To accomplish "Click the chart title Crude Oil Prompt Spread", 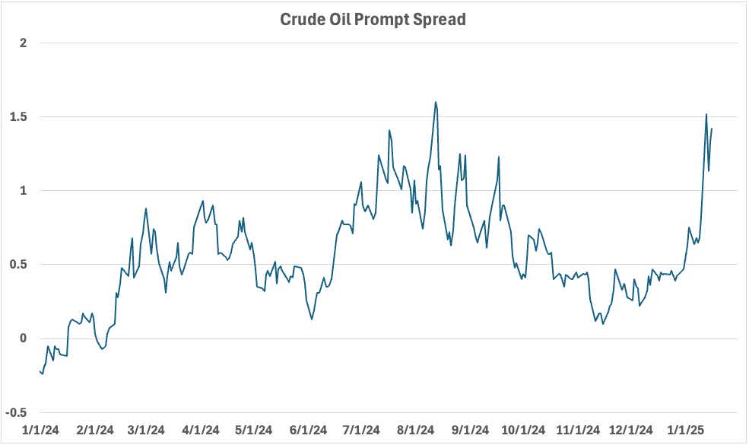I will [373, 20].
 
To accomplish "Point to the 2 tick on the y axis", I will [24, 43].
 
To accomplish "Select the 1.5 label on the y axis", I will [20, 117].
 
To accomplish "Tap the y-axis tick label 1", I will [24, 191].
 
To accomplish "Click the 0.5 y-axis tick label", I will [20, 265].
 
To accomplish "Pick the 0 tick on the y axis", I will [24, 339].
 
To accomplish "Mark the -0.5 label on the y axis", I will [17, 412].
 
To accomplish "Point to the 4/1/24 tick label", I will [201, 430].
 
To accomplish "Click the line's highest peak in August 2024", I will [436, 102].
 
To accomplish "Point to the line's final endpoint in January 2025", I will [712, 129].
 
